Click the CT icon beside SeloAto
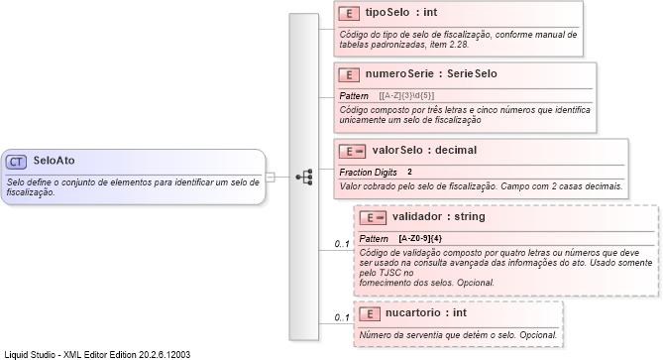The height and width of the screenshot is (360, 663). click(16, 161)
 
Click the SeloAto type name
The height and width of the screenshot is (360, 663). click(55, 161)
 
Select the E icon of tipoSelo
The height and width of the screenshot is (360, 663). click(348, 14)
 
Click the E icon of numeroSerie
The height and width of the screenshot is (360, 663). click(348, 74)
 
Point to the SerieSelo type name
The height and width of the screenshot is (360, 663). click(472, 74)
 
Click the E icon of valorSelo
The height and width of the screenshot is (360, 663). click(352, 151)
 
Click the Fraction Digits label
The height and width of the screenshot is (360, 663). click(369, 173)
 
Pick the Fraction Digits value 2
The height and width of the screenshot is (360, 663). click(409, 173)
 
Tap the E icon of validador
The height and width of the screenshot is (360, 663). click(372, 217)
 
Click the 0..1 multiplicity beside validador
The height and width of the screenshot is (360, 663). click(341, 244)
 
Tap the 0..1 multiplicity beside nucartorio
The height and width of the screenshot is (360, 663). click(341, 317)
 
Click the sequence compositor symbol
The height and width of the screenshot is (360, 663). click(306, 177)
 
